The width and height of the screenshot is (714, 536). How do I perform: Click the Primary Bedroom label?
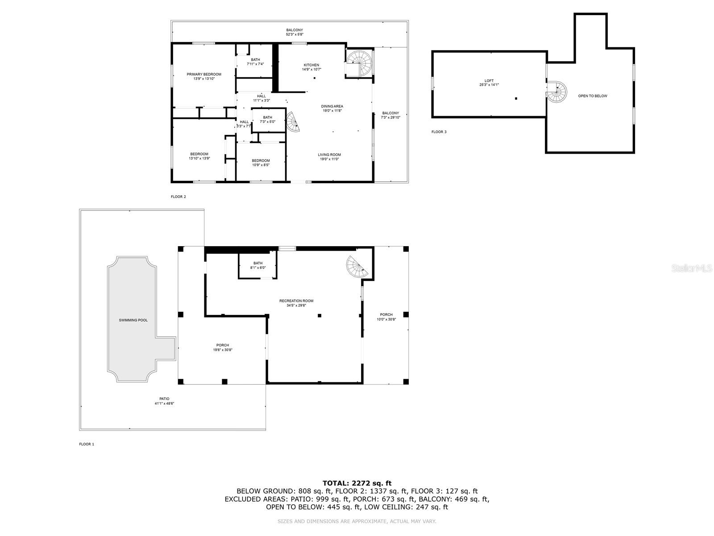tap(204, 76)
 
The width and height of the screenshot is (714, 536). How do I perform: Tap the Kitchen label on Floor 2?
tap(311, 67)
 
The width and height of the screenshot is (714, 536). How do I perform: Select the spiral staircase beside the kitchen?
tap(360, 63)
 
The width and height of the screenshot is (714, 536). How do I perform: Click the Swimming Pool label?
tap(133, 320)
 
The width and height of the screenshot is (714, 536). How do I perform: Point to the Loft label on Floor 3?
tap(489, 83)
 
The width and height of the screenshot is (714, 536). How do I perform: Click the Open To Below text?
tap(593, 96)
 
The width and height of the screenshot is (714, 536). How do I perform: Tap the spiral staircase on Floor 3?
tap(557, 92)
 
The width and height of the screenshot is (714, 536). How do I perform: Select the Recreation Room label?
tap(296, 303)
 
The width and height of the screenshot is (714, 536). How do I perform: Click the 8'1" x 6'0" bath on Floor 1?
tap(258, 265)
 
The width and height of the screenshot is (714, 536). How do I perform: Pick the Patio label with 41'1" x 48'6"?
tap(164, 401)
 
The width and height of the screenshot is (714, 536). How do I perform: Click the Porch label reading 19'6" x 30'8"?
tap(223, 347)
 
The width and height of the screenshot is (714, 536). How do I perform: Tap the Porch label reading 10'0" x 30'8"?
tap(386, 317)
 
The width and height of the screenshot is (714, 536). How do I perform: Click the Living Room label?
tap(329, 157)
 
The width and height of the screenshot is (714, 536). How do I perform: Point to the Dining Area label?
tap(332, 108)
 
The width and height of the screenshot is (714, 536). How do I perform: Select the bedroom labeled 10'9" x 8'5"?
tap(261, 163)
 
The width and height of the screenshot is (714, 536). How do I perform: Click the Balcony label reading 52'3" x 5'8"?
tap(295, 32)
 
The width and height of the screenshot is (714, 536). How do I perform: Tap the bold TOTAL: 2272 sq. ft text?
tap(357, 483)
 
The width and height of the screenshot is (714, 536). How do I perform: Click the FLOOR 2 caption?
tap(178, 197)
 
